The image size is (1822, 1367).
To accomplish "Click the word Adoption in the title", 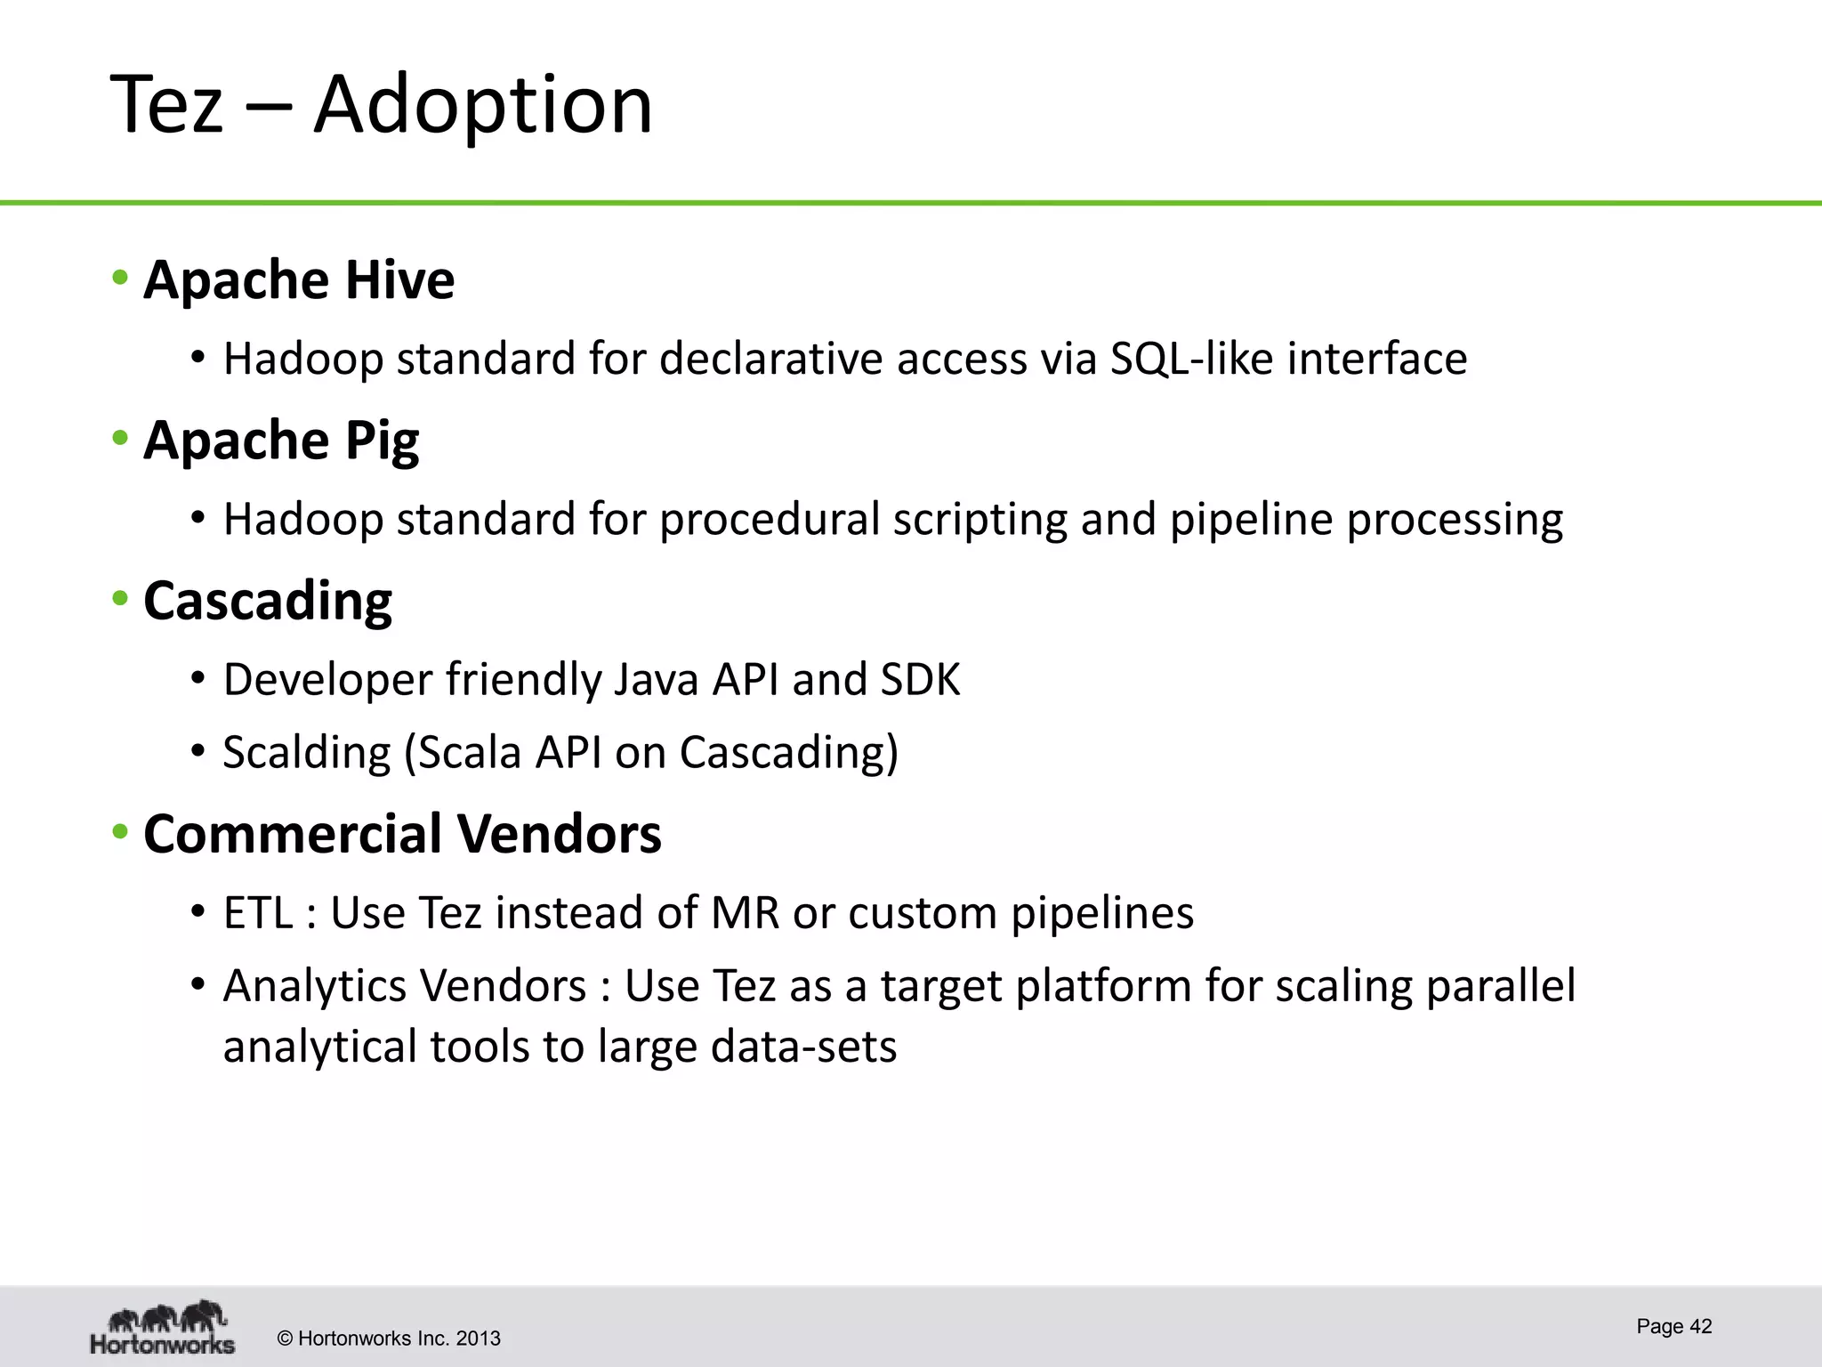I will (x=483, y=105).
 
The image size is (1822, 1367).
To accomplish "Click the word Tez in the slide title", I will (x=166, y=105).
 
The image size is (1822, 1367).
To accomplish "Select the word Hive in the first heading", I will (x=399, y=279).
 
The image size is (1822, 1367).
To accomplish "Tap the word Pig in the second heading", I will (x=382, y=441).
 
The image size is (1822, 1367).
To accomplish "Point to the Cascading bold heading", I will (x=267, y=602).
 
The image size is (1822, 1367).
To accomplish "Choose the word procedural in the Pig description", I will (x=769, y=519).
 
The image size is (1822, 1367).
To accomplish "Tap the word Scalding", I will (x=306, y=753).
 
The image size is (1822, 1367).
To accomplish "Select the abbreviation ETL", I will (x=258, y=913).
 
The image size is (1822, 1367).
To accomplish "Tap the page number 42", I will (x=1700, y=1326).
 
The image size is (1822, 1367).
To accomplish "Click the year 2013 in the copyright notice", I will (x=478, y=1339).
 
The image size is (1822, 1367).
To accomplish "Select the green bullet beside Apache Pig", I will (x=120, y=439).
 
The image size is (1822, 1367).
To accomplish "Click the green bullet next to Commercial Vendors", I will (x=120, y=833).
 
